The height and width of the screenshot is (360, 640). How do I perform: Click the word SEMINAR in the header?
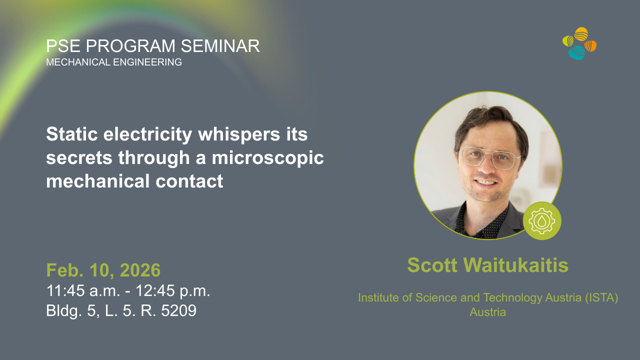coord(220,46)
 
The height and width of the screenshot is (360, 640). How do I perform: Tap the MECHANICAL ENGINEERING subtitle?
coord(114,62)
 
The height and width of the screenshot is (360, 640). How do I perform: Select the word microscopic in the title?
coord(267,158)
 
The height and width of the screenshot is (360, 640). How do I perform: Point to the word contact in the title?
coord(189,181)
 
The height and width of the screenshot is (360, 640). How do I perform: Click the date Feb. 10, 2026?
coord(103,270)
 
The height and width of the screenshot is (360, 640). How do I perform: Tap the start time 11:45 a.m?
coord(83,290)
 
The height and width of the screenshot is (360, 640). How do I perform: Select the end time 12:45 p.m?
coord(173,290)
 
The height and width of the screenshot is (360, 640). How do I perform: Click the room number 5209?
coord(179,310)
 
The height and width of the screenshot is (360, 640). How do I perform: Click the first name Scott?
coord(432,265)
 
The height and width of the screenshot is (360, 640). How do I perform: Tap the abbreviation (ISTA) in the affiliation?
coord(601,297)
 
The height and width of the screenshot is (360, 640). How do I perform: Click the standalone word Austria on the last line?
coord(487,312)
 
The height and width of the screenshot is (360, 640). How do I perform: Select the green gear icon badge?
coord(542,221)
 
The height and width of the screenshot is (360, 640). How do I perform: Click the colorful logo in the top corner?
coord(579,43)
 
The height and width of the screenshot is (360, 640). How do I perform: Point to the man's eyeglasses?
coord(489,157)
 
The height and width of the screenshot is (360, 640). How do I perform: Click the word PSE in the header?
coord(63,46)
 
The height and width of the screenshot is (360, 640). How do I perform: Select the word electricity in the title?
coord(147,134)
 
